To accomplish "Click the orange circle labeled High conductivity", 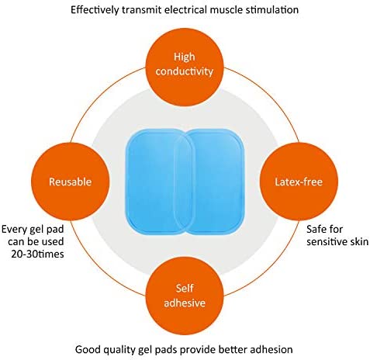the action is click(185, 67).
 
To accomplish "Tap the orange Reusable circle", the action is click(71, 182).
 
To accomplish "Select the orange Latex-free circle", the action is click(299, 182).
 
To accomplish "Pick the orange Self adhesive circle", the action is click(185, 296).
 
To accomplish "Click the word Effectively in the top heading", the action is click(95, 10).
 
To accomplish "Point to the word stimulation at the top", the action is click(274, 10).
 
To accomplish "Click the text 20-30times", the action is click(37, 254).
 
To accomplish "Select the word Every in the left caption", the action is click(14, 230).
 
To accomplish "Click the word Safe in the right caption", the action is click(316, 229).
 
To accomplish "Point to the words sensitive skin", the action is click(337, 241).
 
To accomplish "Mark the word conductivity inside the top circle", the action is click(185, 71).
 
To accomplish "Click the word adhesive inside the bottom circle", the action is click(185, 303).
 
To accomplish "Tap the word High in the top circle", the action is click(185, 57).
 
